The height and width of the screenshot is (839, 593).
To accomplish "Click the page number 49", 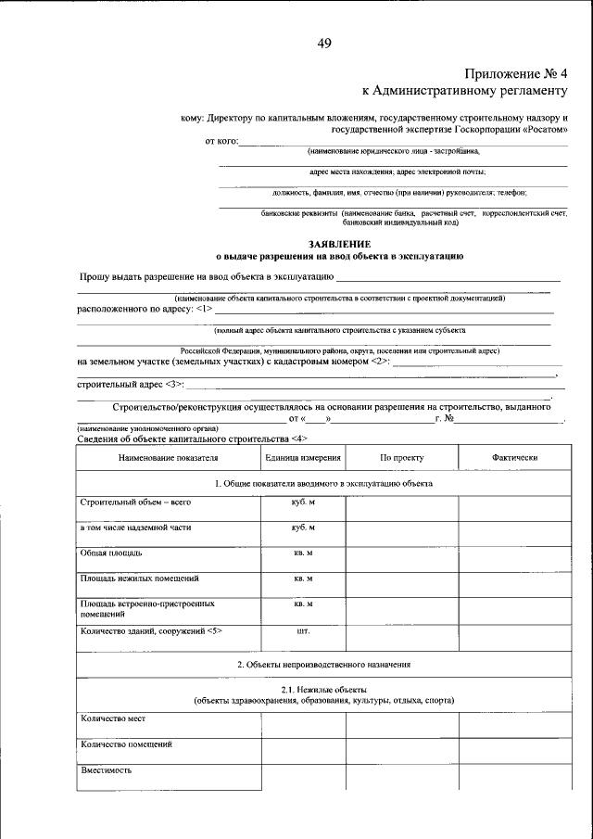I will coord(323,43).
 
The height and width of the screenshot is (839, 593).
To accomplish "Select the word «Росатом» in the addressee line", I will coord(545,130).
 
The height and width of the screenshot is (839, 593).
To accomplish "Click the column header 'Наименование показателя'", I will coord(168,458).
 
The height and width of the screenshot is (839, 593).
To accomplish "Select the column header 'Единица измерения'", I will coord(303,458).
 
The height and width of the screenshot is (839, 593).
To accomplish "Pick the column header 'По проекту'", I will coord(401,458).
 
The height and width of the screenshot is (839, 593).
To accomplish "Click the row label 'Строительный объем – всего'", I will coord(129,502).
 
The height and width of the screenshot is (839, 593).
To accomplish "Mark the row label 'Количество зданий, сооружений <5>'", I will coord(151,630).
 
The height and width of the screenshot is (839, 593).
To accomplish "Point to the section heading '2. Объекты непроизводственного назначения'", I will coord(323,665).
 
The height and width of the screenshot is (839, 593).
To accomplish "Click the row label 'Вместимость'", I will coord(106,770).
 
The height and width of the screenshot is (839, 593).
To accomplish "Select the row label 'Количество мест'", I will coord(113,718).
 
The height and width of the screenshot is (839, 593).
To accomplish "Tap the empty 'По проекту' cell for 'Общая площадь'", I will coord(401,558).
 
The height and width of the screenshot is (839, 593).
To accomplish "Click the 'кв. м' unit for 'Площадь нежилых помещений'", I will coord(303,578).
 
